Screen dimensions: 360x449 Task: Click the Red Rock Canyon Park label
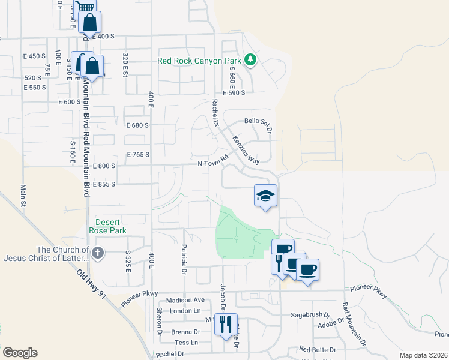199,61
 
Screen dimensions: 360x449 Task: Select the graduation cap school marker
265,196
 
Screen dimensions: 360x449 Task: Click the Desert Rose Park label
109,225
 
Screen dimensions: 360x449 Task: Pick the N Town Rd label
214,161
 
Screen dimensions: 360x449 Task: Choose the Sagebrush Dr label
310,314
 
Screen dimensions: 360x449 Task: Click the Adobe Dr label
332,321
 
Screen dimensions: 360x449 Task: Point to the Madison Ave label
186,300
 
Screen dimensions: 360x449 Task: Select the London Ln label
185,311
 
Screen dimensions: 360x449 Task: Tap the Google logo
19,353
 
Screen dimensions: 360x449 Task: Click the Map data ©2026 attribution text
423,355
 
